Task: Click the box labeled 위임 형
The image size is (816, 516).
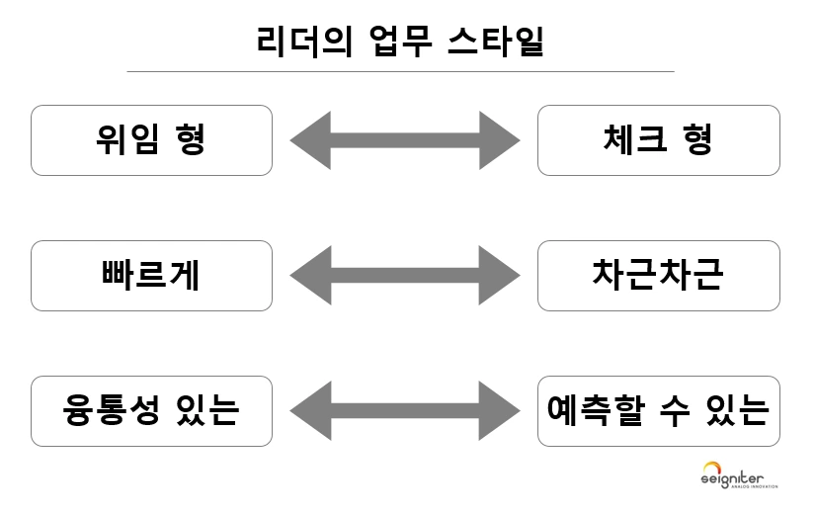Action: click(x=151, y=140)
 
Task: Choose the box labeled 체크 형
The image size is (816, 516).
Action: click(x=658, y=140)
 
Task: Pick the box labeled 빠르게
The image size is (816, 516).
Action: click(x=151, y=276)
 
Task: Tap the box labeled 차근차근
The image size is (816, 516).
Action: click(x=658, y=276)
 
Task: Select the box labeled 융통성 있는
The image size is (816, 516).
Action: click(x=151, y=411)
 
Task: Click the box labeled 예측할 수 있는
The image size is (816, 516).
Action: click(x=658, y=411)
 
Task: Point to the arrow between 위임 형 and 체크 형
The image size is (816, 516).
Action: click(x=405, y=140)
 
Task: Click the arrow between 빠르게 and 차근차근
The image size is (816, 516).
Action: click(x=405, y=276)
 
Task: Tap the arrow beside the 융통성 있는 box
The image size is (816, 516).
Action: click(x=405, y=411)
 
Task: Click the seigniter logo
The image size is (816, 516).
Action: click(x=740, y=475)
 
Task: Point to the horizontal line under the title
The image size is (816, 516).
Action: click(x=400, y=72)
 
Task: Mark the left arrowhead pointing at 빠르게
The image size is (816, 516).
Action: click(x=309, y=276)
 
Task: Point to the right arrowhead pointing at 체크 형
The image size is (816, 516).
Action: click(x=501, y=140)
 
